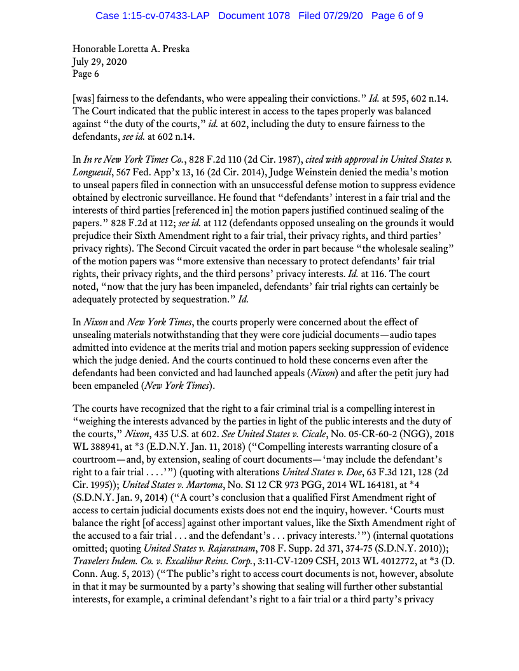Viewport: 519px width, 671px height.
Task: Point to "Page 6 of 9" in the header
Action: click(x=397, y=15)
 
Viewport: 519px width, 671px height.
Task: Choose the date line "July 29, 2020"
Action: click(x=99, y=62)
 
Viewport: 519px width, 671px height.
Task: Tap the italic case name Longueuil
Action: click(x=96, y=172)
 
